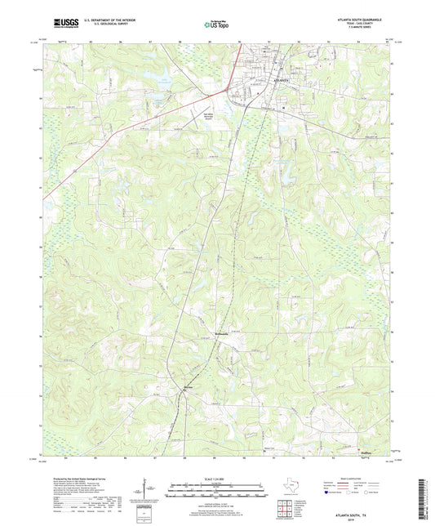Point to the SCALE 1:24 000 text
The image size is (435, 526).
tap(217, 480)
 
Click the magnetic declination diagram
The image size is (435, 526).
tap(144, 492)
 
